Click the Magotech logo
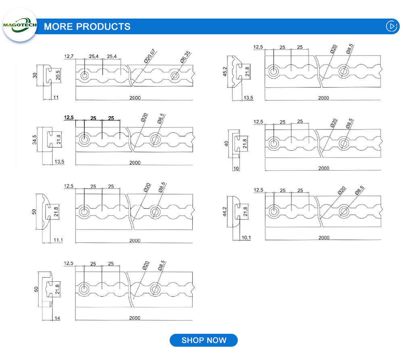point(20,25)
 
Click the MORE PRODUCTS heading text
point(87,27)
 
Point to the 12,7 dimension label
point(69,57)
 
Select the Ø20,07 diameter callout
point(150,56)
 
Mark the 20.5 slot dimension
point(58,75)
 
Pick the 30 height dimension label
point(35,75)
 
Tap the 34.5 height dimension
point(35,139)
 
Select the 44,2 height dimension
point(225,212)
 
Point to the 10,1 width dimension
point(246,237)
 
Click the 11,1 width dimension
point(58,240)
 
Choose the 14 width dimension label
point(57,318)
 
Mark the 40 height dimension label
point(226,143)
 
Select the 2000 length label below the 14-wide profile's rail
point(135,318)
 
